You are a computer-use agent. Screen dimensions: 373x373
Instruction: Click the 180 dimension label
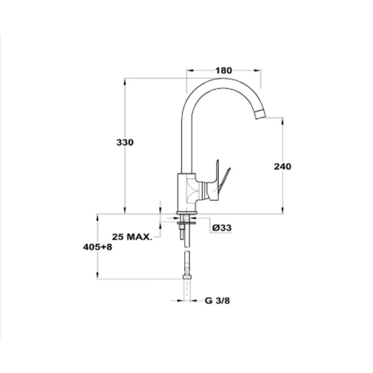pyautogui.click(x=223, y=70)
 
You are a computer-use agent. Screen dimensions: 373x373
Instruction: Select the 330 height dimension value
pyautogui.click(x=125, y=142)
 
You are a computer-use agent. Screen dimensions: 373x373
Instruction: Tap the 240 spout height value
pyautogui.click(x=283, y=166)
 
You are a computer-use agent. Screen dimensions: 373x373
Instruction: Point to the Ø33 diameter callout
pyautogui.click(x=222, y=228)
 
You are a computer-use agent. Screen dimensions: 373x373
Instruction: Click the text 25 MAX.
pyautogui.click(x=132, y=237)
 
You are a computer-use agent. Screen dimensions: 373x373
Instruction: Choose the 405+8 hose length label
pyautogui.click(x=97, y=247)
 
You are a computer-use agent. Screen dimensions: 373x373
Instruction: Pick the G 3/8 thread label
pyautogui.click(x=217, y=301)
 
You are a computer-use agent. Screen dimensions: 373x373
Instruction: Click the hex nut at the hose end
pyautogui.click(x=187, y=276)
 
